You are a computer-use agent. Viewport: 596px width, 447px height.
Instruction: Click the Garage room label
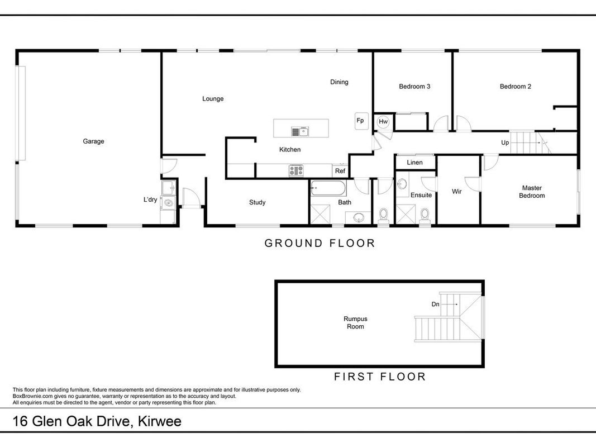pos(93,141)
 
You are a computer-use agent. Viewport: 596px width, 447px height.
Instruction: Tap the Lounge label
pos(213,99)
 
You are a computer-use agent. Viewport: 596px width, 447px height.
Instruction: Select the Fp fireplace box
pos(361,121)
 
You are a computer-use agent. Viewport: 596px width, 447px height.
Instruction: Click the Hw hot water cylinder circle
pos(383,122)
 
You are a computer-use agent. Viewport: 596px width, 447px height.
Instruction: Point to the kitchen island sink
pos(301,132)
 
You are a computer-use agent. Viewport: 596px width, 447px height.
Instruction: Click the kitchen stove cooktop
pos(296,170)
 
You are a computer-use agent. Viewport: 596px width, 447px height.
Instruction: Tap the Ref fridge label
pos(340,171)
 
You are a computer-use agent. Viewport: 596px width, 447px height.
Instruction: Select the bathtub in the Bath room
pos(328,188)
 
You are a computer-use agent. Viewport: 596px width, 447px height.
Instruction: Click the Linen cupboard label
pos(414,162)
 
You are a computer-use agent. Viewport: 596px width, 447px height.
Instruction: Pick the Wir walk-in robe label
pos(457,192)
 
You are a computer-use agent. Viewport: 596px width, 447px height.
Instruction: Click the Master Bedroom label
pos(532,192)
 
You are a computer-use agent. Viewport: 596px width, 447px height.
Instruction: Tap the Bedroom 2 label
pos(516,87)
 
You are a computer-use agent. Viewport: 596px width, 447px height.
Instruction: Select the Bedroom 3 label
pos(414,87)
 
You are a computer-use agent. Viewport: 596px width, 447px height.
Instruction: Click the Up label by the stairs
pos(505,143)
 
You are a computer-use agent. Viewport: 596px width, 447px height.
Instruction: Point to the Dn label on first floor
pos(436,304)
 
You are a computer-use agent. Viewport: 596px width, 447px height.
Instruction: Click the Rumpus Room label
pos(355,323)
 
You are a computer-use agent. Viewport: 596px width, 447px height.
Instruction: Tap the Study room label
pos(258,203)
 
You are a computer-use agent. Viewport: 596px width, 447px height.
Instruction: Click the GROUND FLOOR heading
pos(320,243)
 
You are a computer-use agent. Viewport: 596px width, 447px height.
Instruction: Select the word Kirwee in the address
pos(160,421)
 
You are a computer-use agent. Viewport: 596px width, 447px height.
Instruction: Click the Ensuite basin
pos(402,184)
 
